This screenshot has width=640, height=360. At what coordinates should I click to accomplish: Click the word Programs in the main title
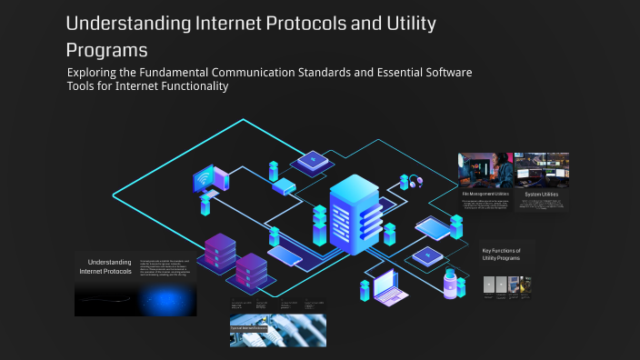(106, 47)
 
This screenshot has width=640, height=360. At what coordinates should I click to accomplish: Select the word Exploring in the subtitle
(97, 72)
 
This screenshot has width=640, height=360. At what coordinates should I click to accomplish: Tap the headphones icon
(416, 181)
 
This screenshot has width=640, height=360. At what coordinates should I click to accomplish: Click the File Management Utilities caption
(485, 193)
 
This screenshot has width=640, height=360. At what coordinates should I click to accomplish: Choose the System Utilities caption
(542, 194)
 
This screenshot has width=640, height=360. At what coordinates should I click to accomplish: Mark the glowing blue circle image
(167, 301)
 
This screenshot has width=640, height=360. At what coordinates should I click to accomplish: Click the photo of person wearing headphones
(485, 171)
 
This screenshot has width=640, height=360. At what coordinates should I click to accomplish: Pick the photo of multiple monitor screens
(542, 170)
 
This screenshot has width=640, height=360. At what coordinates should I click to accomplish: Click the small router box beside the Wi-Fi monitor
(284, 186)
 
